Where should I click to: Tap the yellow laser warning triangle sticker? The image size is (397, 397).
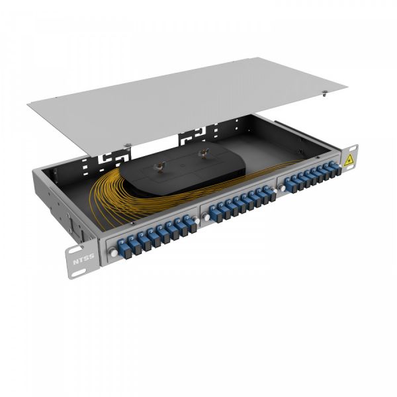pos(349,159)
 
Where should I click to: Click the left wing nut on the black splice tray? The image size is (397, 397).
pos(159,163)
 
